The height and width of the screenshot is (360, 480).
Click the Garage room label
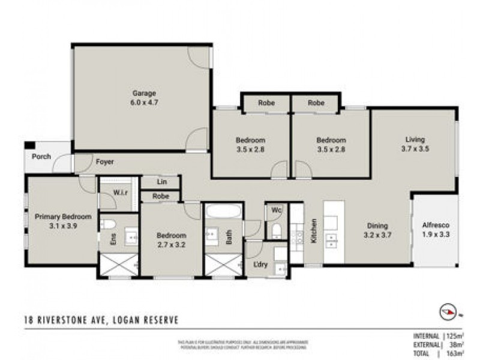pos(144,93)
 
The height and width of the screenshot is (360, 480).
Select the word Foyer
pos(104,162)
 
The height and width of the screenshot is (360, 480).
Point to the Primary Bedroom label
pos(63,217)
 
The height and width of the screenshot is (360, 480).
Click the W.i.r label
pos(122,193)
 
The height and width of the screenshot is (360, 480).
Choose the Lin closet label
pos(161,181)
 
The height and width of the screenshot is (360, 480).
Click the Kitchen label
pos(313,230)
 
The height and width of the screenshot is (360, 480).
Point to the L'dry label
pos(260,265)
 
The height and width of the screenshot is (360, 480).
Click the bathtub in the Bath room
pos(223,212)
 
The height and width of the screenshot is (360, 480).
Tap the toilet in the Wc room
pos(277,230)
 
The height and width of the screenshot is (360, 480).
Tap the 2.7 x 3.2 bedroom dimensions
pos(171,245)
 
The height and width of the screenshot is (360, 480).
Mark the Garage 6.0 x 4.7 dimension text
pos(144,102)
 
